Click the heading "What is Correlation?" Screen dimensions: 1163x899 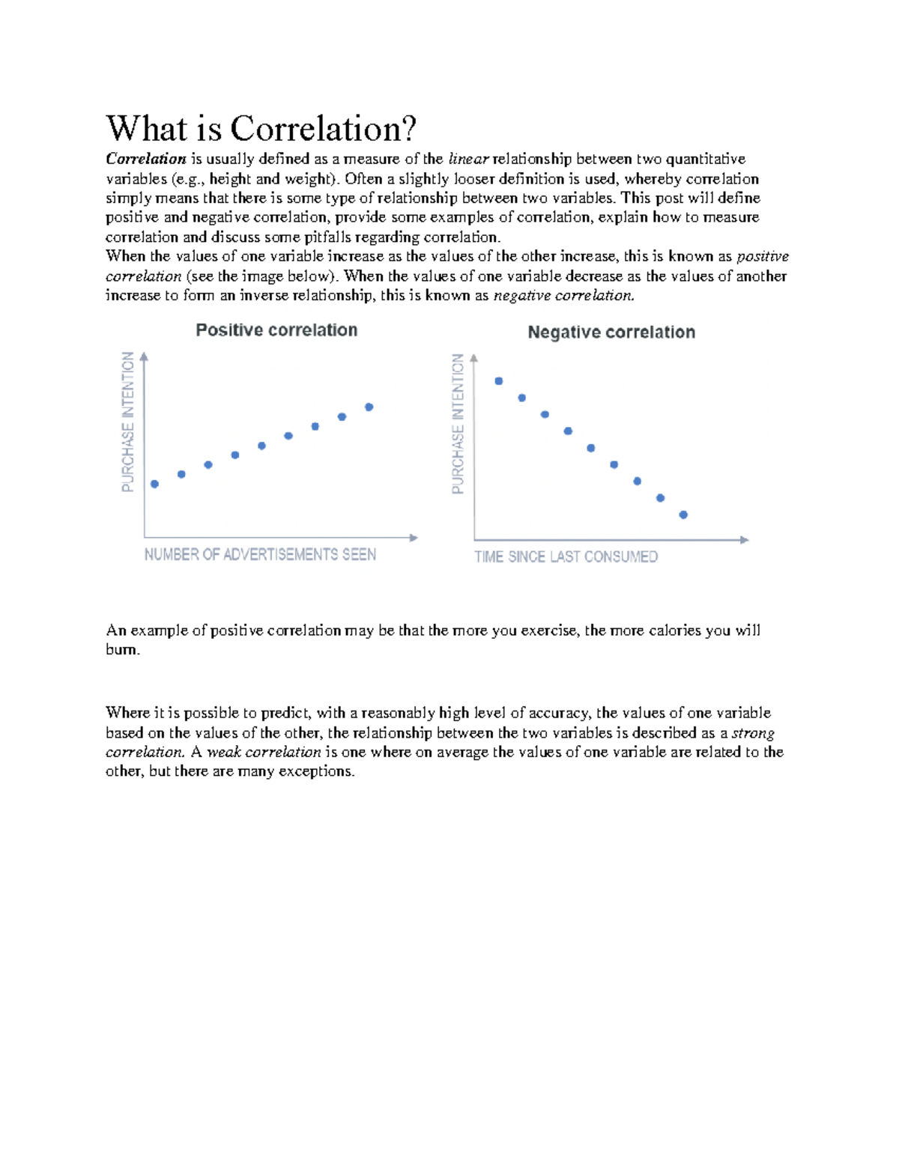(260, 128)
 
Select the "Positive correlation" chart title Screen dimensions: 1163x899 (276, 330)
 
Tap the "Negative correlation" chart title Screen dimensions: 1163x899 (611, 332)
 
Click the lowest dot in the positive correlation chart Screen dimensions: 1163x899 (155, 484)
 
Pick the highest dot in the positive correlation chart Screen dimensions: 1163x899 (369, 407)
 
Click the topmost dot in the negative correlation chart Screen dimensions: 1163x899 (499, 381)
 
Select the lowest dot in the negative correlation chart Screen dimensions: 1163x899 (683, 514)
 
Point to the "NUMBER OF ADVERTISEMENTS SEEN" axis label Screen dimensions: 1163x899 (260, 555)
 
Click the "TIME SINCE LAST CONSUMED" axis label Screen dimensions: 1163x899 (566, 557)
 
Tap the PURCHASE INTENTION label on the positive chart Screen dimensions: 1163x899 (128, 422)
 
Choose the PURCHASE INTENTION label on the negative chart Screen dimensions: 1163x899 (458, 424)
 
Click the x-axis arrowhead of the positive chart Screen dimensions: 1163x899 (414, 538)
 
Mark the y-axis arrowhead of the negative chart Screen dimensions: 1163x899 (474, 359)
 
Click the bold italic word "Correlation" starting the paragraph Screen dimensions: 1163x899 (145, 159)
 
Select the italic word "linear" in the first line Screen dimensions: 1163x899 (468, 159)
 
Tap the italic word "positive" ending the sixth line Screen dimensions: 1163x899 (763, 257)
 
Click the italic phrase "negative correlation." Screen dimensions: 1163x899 (563, 296)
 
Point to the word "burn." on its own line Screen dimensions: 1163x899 (123, 650)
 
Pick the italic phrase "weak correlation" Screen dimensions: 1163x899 (264, 752)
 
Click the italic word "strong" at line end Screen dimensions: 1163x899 (753, 732)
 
